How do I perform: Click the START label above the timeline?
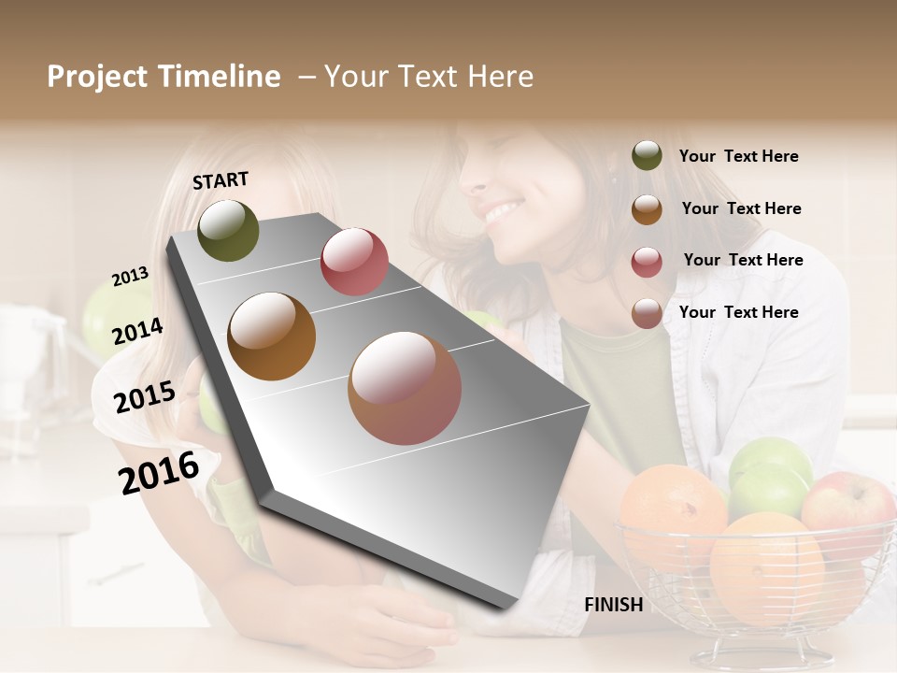[x=221, y=180]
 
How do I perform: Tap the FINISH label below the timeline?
[x=613, y=605]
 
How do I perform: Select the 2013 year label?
[x=131, y=277]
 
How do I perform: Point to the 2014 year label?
[x=137, y=331]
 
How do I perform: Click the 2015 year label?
[x=145, y=397]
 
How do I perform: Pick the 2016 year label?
[x=159, y=472]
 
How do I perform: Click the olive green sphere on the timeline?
[x=229, y=230]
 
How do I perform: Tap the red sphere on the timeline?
[x=354, y=261]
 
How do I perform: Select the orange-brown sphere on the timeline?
[x=272, y=336]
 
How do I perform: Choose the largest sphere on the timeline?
[x=405, y=388]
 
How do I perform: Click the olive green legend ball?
[x=647, y=156]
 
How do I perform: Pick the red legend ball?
[x=647, y=262]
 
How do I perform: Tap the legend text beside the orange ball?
[x=742, y=208]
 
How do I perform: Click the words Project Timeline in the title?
[x=164, y=77]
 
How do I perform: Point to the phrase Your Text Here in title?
[x=429, y=77]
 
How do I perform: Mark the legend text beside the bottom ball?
[x=739, y=312]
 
